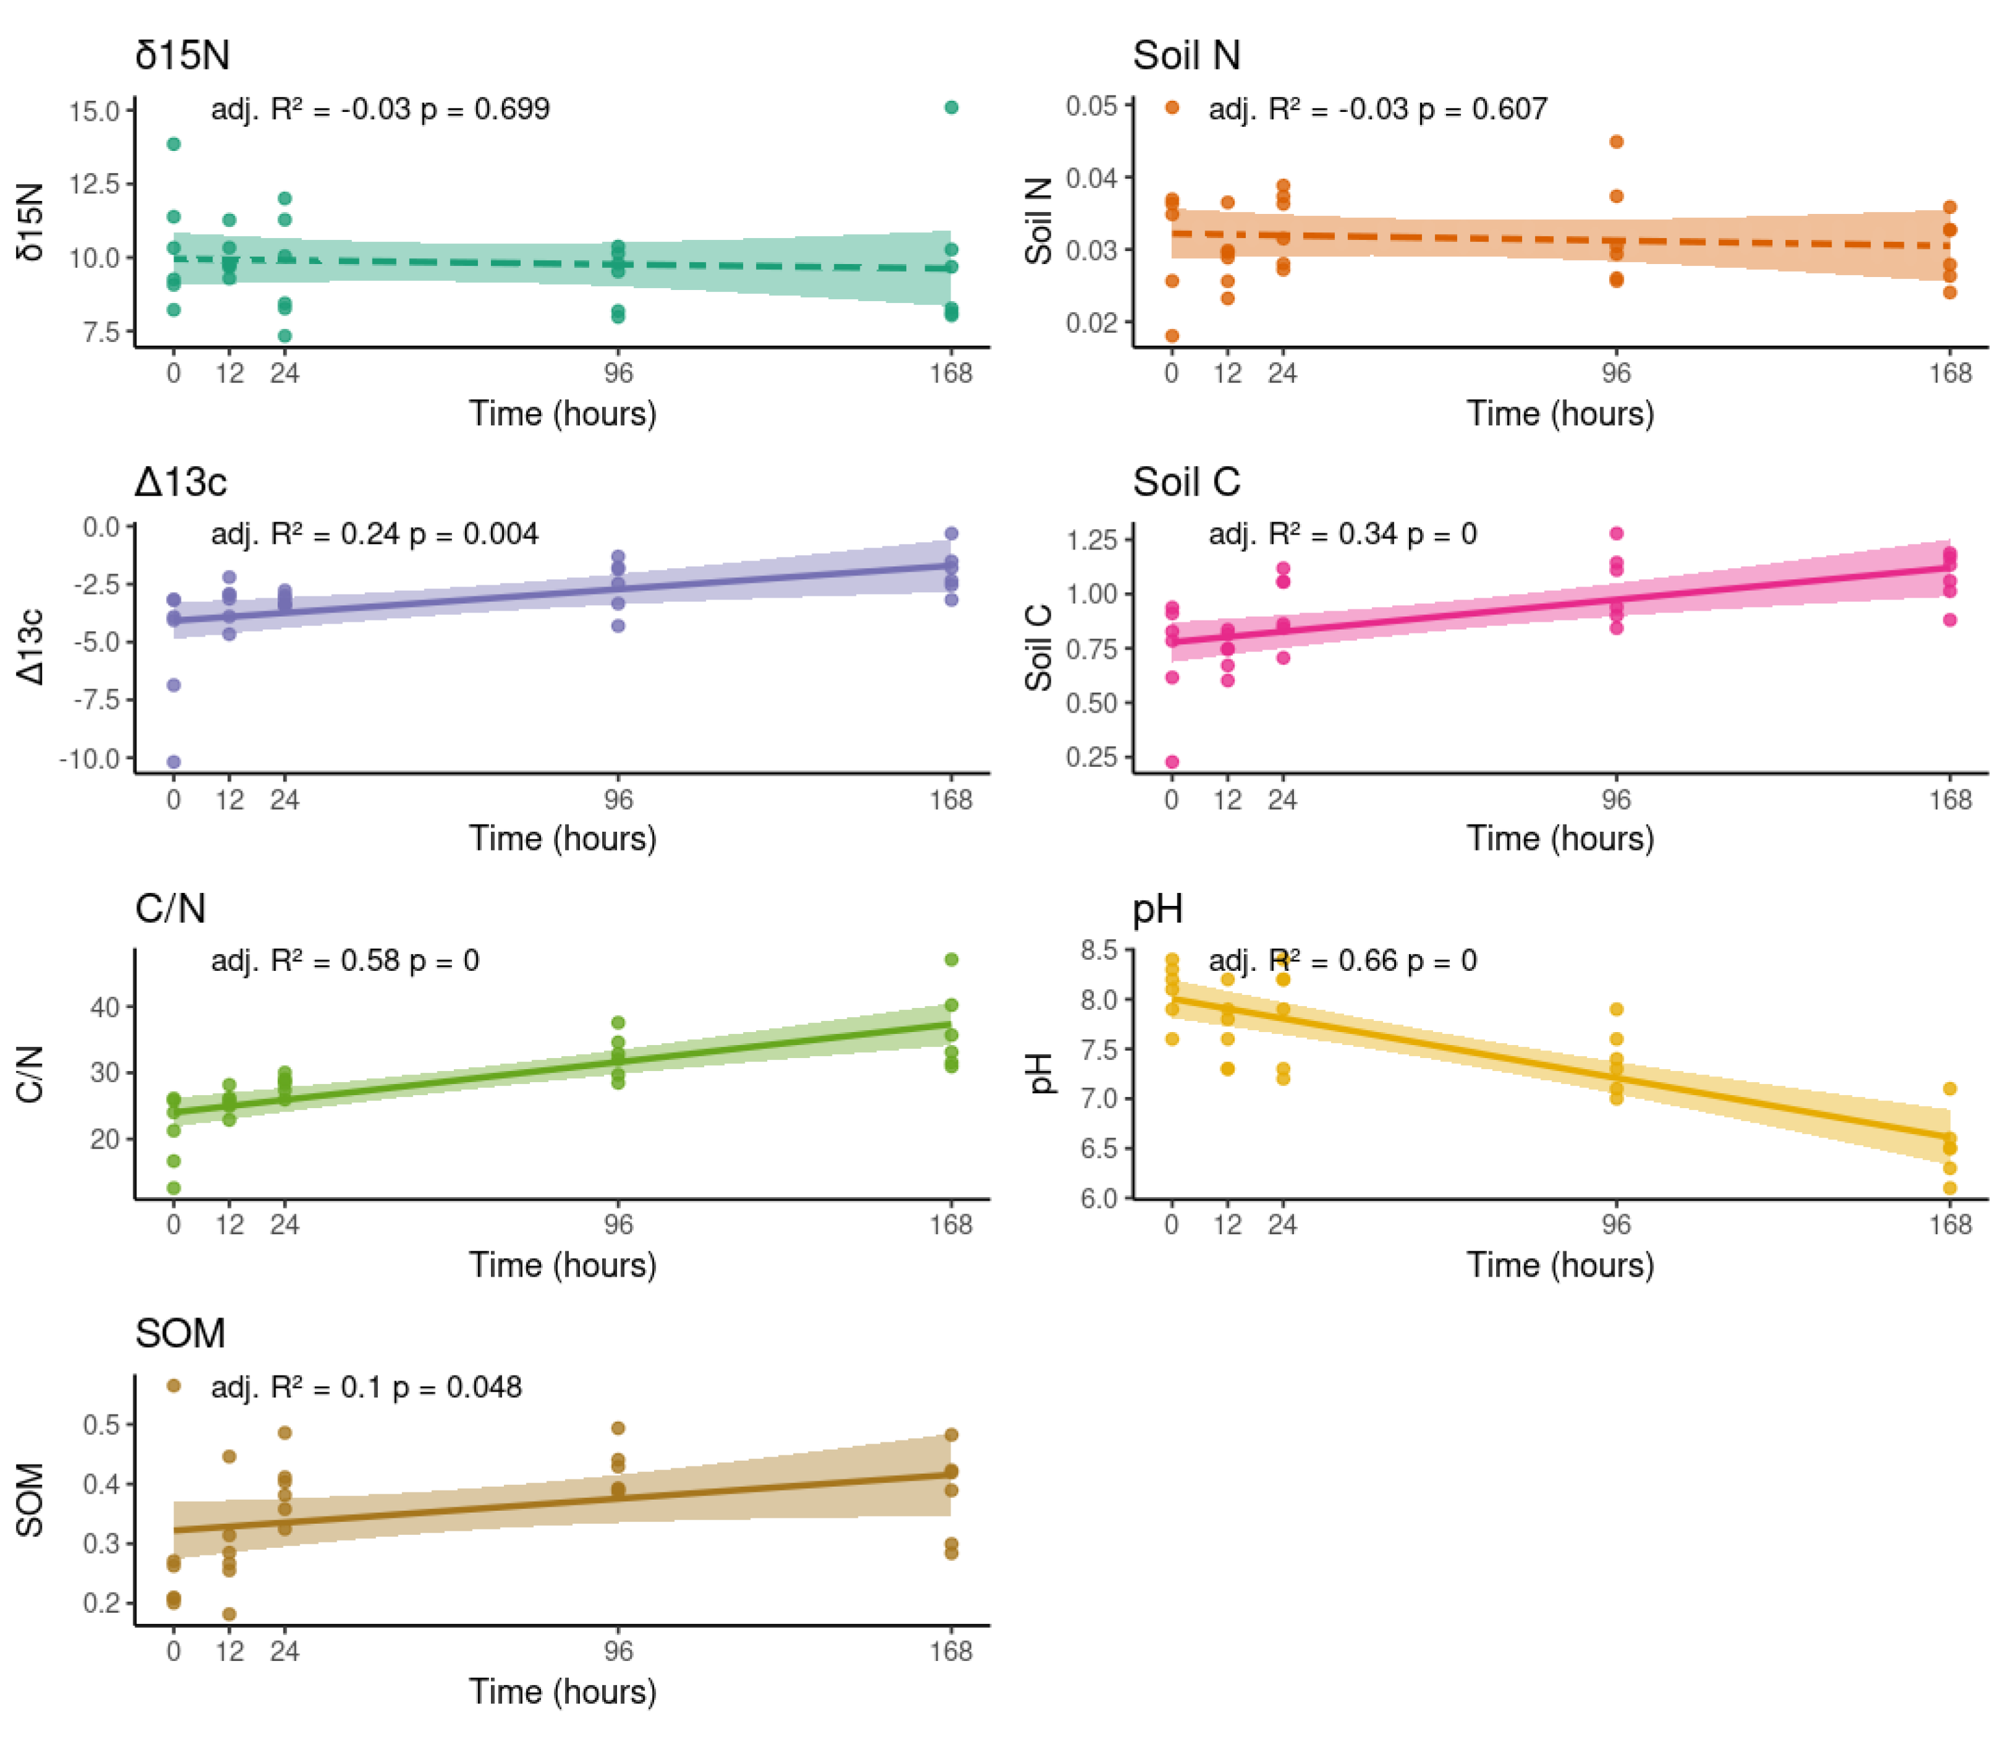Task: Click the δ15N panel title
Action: [182, 55]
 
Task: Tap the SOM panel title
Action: [180, 1333]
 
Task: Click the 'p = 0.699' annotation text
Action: [484, 109]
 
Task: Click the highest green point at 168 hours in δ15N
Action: [951, 107]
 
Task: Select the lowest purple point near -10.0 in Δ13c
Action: [174, 762]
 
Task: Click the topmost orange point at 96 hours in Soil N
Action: [1616, 142]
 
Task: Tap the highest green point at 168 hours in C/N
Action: [951, 960]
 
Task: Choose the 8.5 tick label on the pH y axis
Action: [1098, 950]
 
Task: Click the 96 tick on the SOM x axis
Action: [618, 1651]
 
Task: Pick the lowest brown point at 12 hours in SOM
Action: [230, 1613]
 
